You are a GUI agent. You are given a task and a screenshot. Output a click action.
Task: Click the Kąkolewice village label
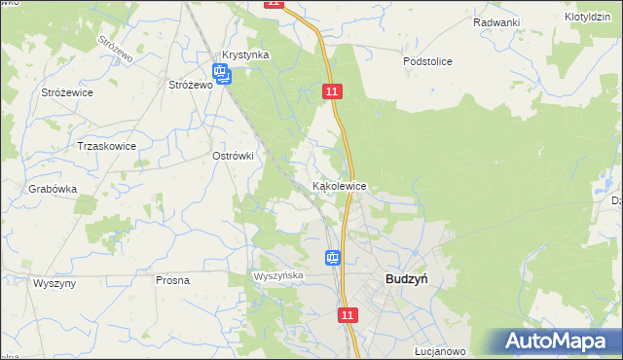[x=339, y=185]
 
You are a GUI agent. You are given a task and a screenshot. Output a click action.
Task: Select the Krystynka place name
[x=244, y=55]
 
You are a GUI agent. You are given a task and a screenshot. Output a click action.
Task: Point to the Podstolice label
[x=427, y=60]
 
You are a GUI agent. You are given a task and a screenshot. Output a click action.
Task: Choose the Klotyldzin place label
[x=588, y=18]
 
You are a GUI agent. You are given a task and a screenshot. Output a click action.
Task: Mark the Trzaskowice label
[x=106, y=146]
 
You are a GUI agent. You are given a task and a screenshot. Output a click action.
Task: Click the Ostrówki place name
[x=233, y=155]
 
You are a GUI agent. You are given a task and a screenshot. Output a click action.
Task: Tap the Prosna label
[x=172, y=280]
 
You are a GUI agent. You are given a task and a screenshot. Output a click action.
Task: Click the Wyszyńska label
[x=279, y=276]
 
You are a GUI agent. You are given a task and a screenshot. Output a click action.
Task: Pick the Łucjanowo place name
[x=439, y=351]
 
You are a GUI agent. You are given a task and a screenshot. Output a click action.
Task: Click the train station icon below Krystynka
[x=221, y=73]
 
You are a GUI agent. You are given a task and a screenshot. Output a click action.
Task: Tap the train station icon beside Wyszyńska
[x=333, y=258]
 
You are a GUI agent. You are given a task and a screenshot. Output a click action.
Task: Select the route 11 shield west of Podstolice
[x=333, y=90]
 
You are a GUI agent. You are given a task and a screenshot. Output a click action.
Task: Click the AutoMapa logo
[x=559, y=341]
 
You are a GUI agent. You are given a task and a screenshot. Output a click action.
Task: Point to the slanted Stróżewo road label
[x=116, y=50]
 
